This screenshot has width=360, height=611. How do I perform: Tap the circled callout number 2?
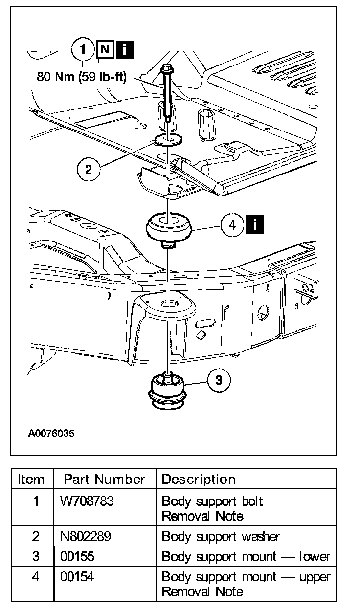coord(89,170)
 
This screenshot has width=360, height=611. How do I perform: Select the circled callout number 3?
coord(218,380)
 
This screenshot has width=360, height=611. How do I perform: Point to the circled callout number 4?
coord(232,225)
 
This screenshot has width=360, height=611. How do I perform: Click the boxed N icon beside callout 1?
coord(104,49)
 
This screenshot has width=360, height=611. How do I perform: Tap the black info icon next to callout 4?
coord(256,225)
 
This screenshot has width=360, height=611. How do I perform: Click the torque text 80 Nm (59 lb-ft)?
coord(82,77)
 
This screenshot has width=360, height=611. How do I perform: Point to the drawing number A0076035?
coord(51,433)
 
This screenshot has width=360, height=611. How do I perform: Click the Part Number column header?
coord(105,479)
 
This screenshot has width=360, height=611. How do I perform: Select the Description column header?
coord(199,479)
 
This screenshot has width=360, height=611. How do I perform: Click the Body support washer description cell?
coord(221,536)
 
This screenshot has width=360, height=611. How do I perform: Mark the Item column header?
coord(31,479)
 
